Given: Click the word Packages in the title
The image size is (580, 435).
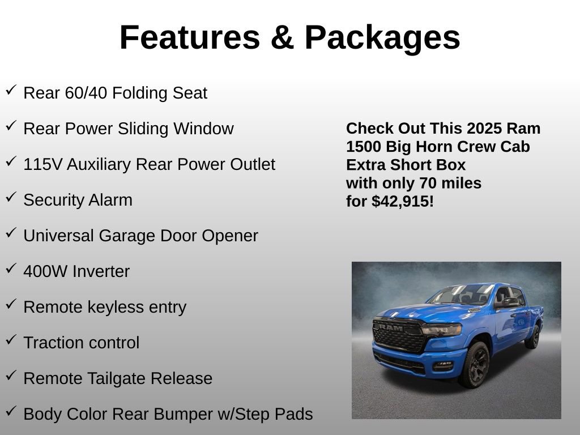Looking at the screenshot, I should (382, 37).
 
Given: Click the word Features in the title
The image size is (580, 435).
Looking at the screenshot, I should (189, 37).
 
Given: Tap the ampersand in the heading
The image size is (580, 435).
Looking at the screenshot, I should (281, 37).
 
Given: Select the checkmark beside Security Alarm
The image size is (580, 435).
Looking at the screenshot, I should (11, 198).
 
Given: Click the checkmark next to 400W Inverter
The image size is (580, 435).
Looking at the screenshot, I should (11, 269).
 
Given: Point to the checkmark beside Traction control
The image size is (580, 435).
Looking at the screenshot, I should (11, 340).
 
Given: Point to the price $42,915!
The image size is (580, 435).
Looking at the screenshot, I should (403, 201).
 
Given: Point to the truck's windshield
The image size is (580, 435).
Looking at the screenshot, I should (460, 295).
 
